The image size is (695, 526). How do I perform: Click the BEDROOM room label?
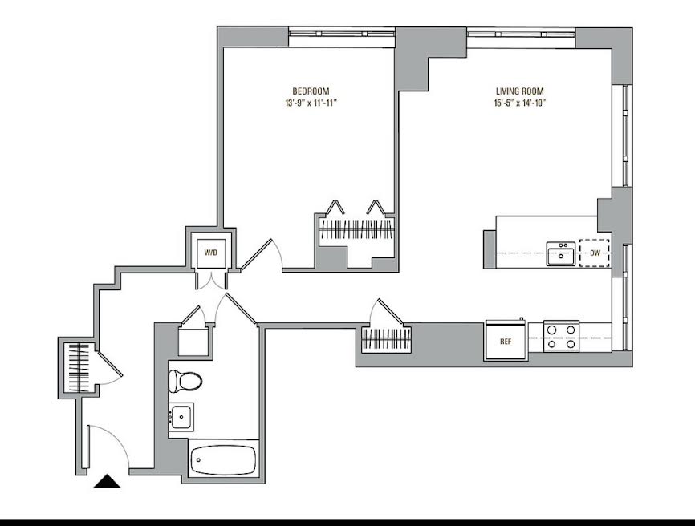[311, 91]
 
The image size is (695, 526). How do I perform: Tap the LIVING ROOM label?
[519, 91]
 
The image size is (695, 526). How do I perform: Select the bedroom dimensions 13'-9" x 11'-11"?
[311, 103]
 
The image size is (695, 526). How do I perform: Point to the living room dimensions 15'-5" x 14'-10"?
[519, 103]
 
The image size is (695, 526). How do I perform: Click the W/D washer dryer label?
[211, 253]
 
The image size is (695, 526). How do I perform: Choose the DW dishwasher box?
[595, 253]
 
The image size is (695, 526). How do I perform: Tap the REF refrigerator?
[506, 341]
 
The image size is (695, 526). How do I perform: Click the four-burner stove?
[561, 337]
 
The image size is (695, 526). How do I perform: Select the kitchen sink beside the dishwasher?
[561, 253]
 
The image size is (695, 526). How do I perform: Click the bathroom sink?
[181, 417]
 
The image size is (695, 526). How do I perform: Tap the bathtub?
[223, 459]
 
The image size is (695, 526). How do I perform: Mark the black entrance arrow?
[107, 481]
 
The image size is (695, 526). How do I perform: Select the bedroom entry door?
[256, 255]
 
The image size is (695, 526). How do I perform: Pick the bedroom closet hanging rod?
[357, 229]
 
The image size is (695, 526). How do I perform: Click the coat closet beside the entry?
[79, 367]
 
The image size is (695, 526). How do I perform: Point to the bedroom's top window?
[342, 34]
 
